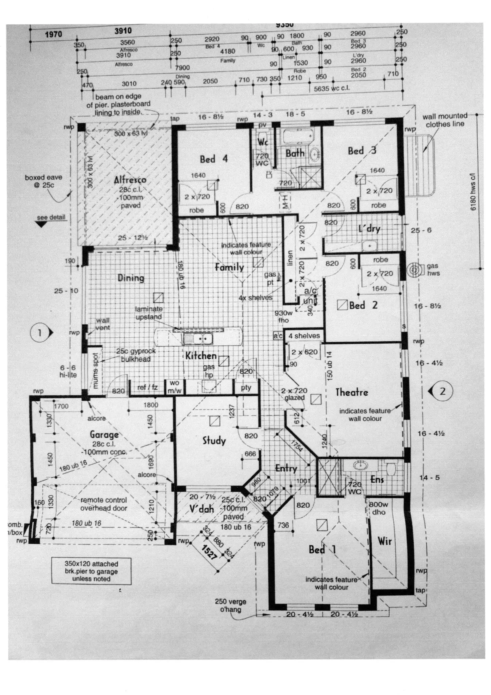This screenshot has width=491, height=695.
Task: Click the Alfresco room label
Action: (x=130, y=180)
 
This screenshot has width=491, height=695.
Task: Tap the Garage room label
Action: (x=104, y=435)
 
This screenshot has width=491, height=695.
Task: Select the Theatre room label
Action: (x=352, y=392)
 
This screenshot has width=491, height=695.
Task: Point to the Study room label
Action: (x=214, y=441)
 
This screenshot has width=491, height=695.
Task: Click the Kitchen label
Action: (x=201, y=356)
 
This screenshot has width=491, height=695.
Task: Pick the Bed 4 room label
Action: (x=214, y=159)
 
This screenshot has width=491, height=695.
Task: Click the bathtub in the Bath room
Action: (x=297, y=136)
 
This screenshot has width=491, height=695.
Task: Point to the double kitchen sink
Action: (x=198, y=339)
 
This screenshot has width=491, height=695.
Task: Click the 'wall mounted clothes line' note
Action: (x=445, y=120)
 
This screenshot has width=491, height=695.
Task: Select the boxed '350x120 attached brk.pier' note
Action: (x=91, y=571)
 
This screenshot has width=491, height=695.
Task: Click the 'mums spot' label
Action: (x=95, y=371)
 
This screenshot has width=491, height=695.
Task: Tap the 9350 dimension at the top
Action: (x=285, y=25)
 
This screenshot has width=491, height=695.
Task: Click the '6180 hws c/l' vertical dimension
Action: (x=473, y=192)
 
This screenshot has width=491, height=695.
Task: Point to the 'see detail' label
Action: (x=51, y=217)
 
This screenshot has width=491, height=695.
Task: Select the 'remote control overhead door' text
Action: (x=104, y=504)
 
